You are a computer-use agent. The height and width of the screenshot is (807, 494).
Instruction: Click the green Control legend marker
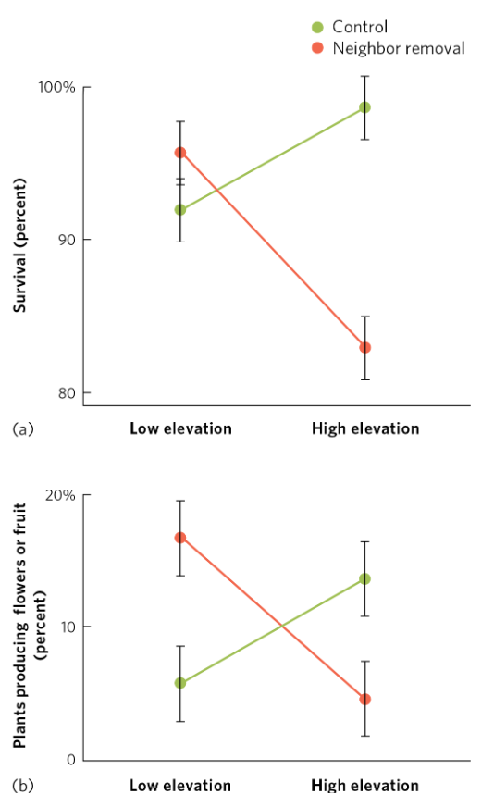click(x=317, y=28)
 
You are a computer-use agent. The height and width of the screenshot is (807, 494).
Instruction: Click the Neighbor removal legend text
click(x=398, y=48)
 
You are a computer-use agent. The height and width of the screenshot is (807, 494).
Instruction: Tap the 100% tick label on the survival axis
click(x=57, y=88)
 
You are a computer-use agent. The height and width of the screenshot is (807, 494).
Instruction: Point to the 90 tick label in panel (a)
click(x=66, y=240)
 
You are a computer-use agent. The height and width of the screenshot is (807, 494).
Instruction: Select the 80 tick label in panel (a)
click(x=66, y=392)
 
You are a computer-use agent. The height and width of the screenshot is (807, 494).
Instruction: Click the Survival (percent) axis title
click(x=19, y=243)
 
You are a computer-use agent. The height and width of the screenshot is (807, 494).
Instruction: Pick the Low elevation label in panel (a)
click(x=180, y=428)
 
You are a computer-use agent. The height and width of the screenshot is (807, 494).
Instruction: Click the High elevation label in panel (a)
click(x=365, y=428)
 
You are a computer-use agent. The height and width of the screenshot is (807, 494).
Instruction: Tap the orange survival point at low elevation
click(x=180, y=153)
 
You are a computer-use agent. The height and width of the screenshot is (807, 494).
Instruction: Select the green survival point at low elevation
click(x=180, y=210)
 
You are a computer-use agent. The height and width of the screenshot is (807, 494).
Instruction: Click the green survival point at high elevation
click(x=365, y=107)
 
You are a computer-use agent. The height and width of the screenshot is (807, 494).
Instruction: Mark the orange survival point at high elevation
click(x=365, y=348)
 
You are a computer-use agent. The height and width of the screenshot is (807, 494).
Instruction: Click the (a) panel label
click(x=22, y=428)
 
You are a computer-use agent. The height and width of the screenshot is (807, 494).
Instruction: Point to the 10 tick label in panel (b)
click(x=66, y=627)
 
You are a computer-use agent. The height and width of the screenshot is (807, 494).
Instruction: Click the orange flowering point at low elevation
click(x=180, y=538)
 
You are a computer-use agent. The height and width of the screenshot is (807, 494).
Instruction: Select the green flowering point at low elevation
click(x=180, y=683)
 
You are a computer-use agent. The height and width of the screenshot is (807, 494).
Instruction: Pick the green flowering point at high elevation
click(x=365, y=579)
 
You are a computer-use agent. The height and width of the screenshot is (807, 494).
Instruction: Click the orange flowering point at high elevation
click(x=365, y=700)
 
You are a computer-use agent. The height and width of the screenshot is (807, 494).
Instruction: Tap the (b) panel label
click(x=22, y=786)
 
